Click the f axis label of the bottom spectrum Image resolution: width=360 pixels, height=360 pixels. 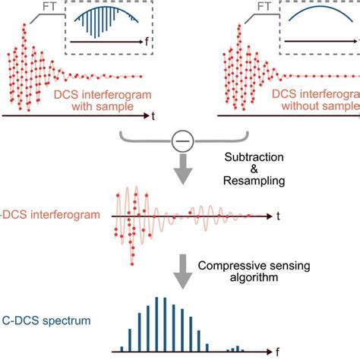[276, 352]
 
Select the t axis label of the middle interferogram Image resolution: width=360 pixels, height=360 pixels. [278, 216]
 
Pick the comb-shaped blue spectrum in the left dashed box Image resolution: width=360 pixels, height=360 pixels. [100, 23]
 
